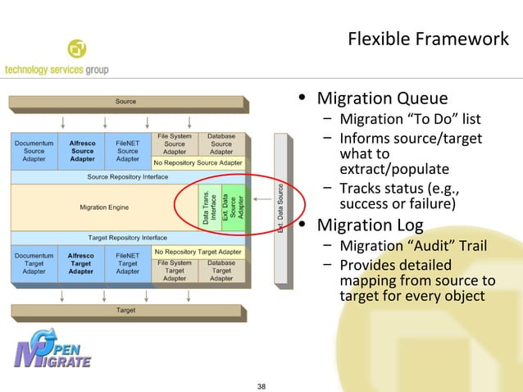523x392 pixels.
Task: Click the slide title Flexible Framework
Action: click(428, 39)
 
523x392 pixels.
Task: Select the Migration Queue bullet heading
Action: click(382, 99)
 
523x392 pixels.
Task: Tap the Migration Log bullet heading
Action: click(370, 225)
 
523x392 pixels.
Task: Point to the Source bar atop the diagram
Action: click(126, 102)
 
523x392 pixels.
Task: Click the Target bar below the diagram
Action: click(126, 311)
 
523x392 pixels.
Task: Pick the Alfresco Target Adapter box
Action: click(81, 264)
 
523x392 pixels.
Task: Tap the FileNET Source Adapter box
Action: click(128, 151)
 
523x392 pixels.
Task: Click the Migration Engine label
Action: click(104, 207)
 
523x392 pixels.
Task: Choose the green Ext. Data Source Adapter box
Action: click(234, 207)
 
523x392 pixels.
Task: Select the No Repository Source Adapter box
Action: click(198, 163)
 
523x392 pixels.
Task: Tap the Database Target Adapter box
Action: click(221, 271)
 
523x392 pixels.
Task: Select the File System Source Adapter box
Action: click(175, 144)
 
